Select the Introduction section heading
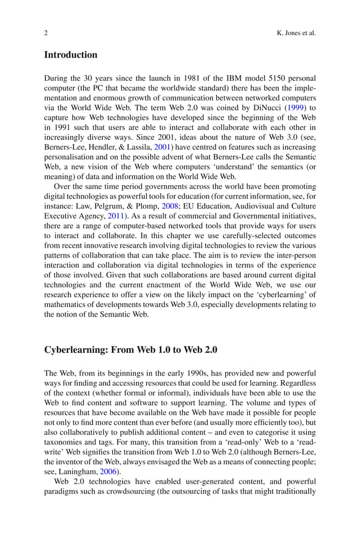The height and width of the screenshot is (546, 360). coord(71,55)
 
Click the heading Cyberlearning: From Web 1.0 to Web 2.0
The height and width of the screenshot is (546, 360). coord(130,350)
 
